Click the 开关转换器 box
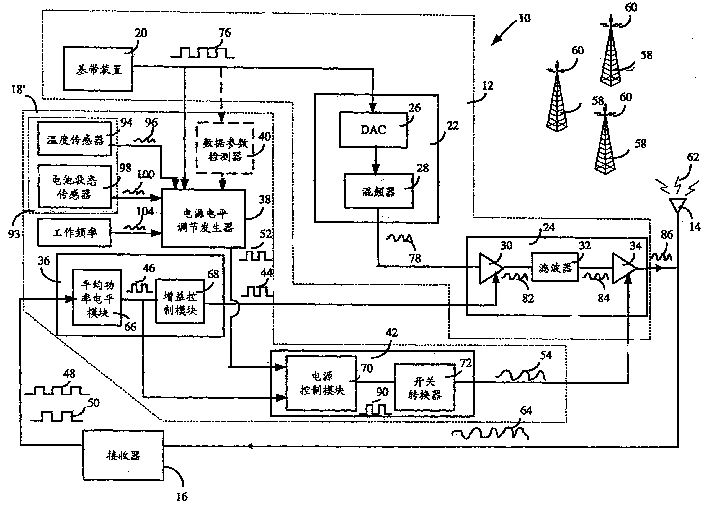[417, 386]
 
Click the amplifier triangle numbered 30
[490, 269]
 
